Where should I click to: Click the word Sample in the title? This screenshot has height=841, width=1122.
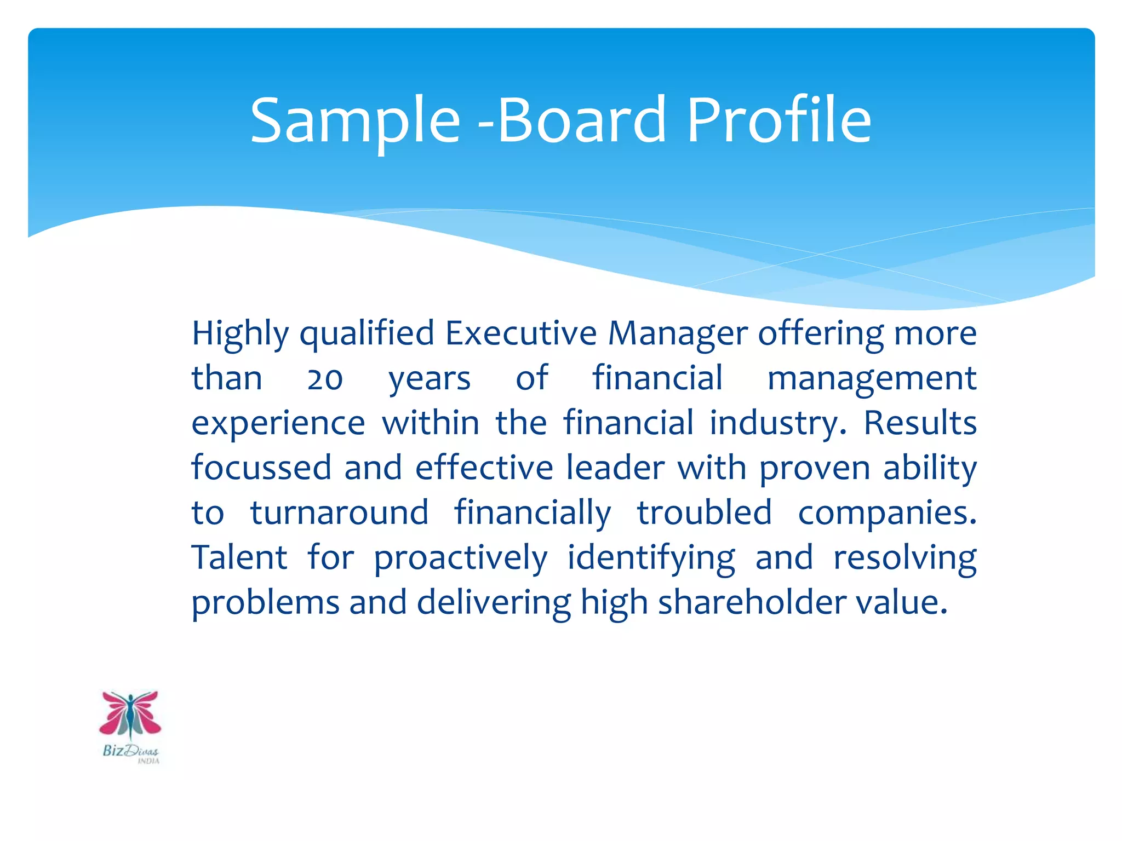coord(355,122)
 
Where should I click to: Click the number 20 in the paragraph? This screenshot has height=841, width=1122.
coord(325,379)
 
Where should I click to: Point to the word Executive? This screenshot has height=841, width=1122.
coord(520,333)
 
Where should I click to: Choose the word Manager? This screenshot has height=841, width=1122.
coord(678,334)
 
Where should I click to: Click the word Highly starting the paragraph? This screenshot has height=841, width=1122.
coord(240,334)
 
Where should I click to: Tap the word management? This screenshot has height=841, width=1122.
coord(872,379)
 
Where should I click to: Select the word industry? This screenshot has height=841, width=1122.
coord(778,424)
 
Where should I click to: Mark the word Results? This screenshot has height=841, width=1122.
coord(920,423)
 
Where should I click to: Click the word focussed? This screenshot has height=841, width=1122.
coord(261,468)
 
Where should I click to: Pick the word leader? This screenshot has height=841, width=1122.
coord(615,468)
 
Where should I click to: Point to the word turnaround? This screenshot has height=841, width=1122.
coord(340,512)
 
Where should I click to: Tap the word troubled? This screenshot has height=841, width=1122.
coord(704,512)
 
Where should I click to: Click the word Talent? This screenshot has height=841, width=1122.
coord(239,557)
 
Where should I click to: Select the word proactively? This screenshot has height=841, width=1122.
coord(460,558)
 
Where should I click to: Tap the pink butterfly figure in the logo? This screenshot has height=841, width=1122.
coord(130,714)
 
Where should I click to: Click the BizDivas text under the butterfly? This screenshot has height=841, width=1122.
coord(130,751)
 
